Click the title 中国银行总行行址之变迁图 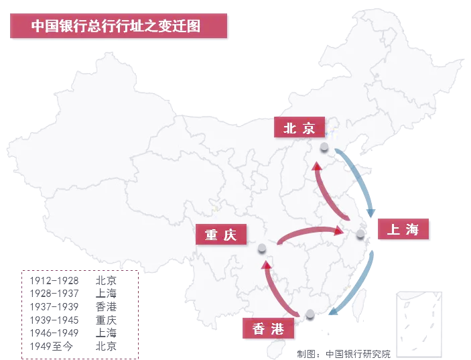(x=118, y=26)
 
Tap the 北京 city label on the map (x=299, y=128)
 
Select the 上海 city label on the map (x=403, y=229)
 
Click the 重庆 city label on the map (x=221, y=235)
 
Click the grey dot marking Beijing (x=324, y=147)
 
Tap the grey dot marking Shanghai (x=361, y=234)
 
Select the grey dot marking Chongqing (x=262, y=249)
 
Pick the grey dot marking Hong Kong (x=310, y=313)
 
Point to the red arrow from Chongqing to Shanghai (x=308, y=232)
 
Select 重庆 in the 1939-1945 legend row (x=106, y=320)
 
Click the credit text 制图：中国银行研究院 (x=344, y=353)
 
